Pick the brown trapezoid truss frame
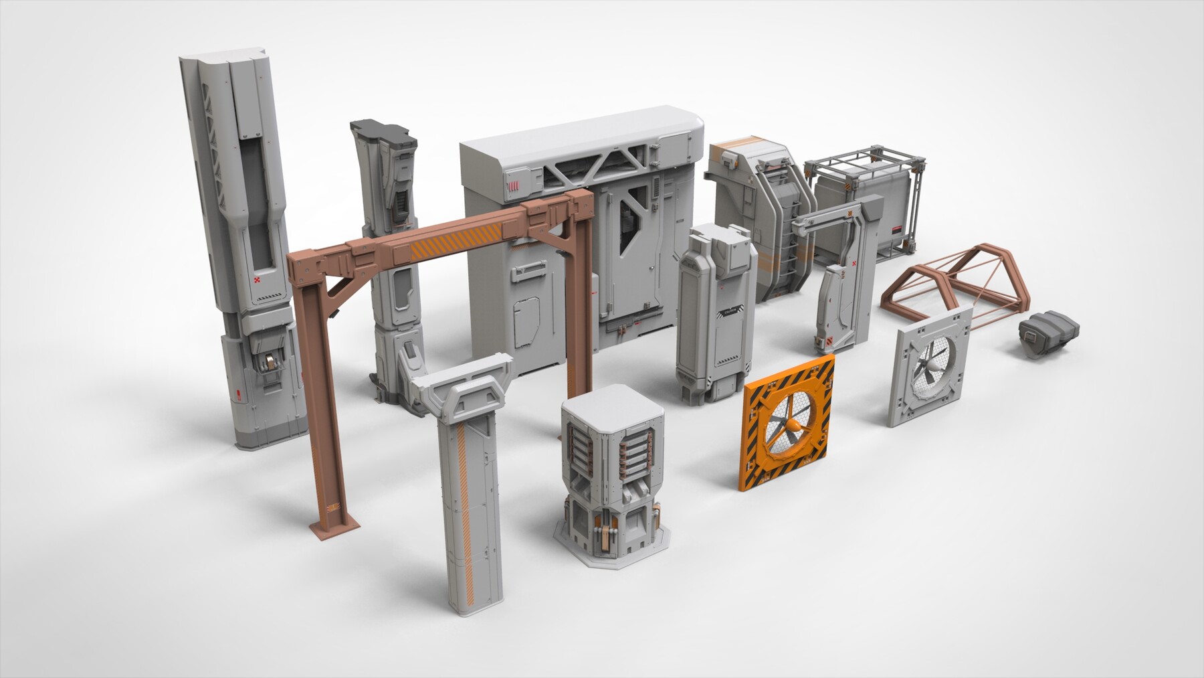pyautogui.click(x=950, y=281)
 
